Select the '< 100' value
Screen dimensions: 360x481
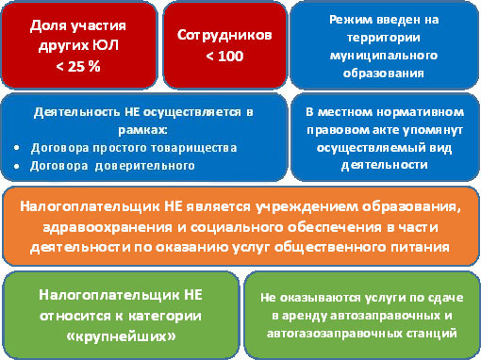click(x=224, y=56)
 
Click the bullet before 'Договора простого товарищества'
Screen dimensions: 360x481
click(x=21, y=148)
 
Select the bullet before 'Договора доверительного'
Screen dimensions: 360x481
click(x=21, y=165)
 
